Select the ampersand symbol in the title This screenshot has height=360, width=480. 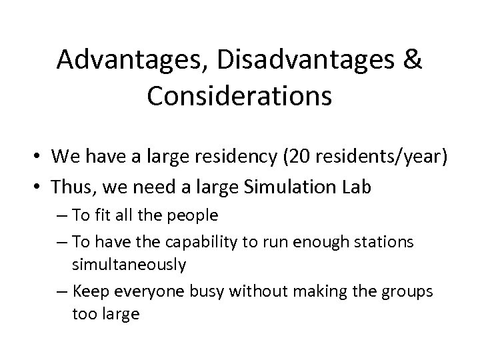(413, 61)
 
